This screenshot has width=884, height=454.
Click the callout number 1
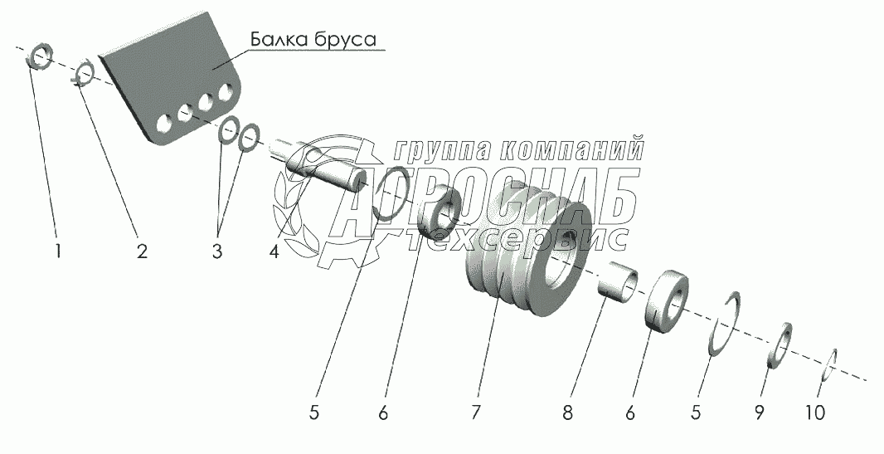point(57,251)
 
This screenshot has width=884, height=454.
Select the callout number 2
point(142,251)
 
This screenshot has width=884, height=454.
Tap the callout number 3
point(217,251)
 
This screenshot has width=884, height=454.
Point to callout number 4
point(274,251)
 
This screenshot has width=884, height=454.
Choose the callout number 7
point(475,413)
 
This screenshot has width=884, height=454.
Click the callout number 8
point(568,413)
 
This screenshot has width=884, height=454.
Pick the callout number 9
point(760,413)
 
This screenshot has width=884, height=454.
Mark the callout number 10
point(814,413)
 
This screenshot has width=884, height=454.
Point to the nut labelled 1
point(40,56)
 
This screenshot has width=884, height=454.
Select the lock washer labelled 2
point(84,74)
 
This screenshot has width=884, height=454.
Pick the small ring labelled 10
point(828,365)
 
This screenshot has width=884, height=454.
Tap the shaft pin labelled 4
point(318,168)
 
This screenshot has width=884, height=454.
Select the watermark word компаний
point(571,149)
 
